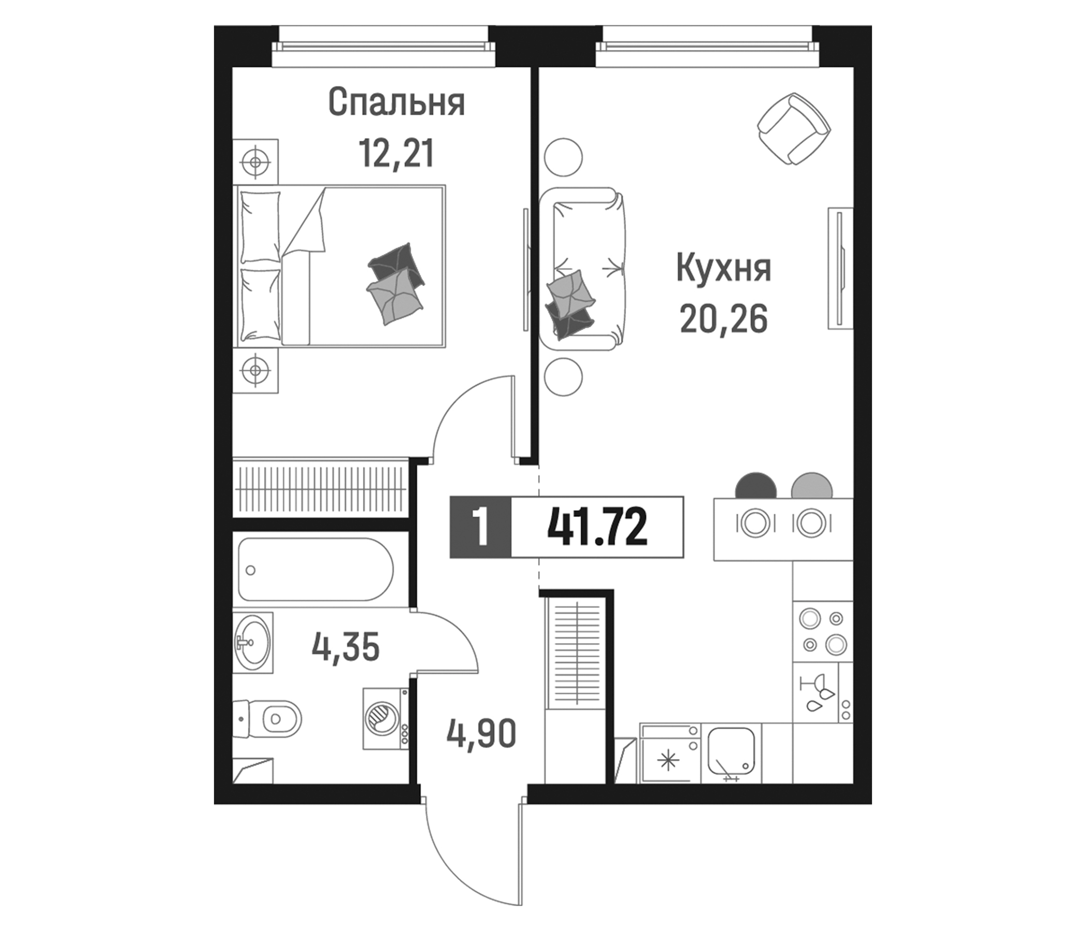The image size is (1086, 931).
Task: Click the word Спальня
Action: point(396,103)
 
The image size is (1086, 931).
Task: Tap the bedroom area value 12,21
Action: point(396,154)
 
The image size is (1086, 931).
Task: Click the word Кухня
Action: point(723,268)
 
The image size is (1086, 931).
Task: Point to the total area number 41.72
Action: point(597,527)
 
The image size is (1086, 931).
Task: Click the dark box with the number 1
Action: point(480,527)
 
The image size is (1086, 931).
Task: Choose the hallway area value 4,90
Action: point(481,733)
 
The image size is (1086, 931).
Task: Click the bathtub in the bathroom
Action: point(315,569)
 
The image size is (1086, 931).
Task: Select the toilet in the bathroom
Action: point(273,718)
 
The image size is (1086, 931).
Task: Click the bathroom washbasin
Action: point(253,642)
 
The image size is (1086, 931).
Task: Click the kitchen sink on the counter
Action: point(731,752)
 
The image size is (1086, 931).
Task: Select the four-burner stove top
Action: point(822,632)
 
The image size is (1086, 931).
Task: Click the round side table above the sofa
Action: point(564,157)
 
